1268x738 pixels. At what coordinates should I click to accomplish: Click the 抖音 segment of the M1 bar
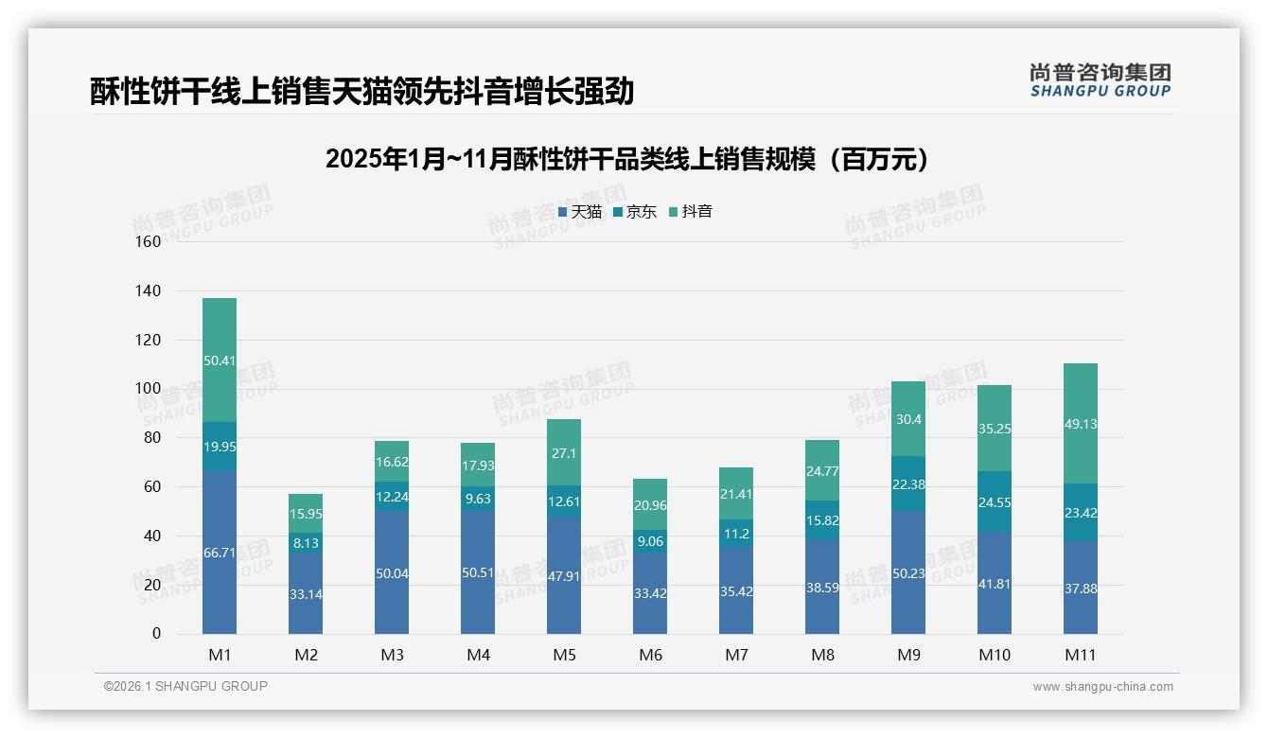[x=220, y=360]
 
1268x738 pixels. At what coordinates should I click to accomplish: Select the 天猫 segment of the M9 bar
[x=908, y=572]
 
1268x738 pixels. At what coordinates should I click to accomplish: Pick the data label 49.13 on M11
[x=1081, y=424]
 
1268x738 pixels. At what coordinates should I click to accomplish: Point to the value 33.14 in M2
[x=306, y=594]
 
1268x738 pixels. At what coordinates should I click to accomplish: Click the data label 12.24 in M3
[x=392, y=497]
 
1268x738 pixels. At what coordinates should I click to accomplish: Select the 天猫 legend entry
[x=580, y=212]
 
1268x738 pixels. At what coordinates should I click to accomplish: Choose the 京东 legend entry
[x=635, y=212]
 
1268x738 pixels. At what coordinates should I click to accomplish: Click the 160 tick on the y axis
[x=149, y=241]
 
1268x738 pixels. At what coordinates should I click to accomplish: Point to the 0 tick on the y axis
[x=156, y=634]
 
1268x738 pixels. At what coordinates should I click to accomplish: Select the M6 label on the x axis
[x=650, y=655]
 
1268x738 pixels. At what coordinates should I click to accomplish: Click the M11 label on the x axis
[x=1081, y=655]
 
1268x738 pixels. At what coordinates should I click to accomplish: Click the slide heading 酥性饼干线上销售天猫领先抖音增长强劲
[x=361, y=92]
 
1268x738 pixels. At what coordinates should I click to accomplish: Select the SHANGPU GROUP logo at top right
[x=1101, y=80]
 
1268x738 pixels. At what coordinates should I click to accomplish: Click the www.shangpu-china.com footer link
[x=1102, y=687]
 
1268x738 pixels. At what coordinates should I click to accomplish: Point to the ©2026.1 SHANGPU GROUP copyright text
[x=185, y=686]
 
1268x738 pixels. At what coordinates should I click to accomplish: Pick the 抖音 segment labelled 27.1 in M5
[x=564, y=452]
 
